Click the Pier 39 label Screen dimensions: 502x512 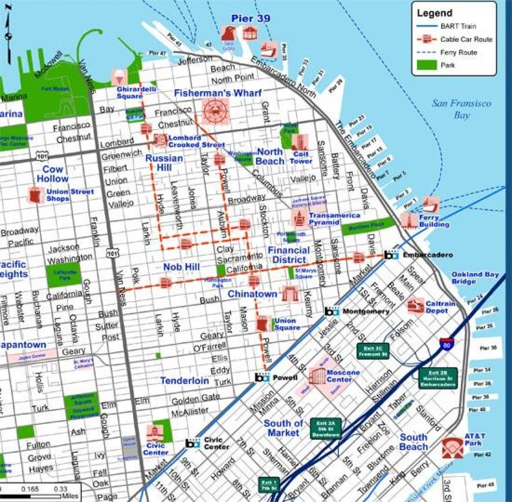tap(250, 19)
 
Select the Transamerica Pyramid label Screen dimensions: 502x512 tap(334, 219)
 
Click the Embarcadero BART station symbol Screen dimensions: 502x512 tap(390, 255)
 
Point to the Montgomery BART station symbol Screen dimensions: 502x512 tap(332, 312)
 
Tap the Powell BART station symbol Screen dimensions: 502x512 tap(262, 378)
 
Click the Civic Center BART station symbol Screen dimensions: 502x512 tap(193, 443)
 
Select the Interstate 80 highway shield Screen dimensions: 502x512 tap(445, 344)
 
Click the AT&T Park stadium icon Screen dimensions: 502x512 tap(452, 448)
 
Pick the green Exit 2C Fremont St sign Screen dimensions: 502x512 tap(373, 351)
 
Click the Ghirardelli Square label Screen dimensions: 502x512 tap(136, 92)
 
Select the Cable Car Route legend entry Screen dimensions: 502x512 tap(466, 39)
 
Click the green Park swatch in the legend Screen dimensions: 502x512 tap(426, 65)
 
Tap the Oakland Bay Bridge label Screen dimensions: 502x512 tap(475, 278)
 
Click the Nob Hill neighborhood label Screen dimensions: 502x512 tap(181, 267)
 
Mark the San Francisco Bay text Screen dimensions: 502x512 tap(461, 109)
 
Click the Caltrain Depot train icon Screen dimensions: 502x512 tap(415, 306)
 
